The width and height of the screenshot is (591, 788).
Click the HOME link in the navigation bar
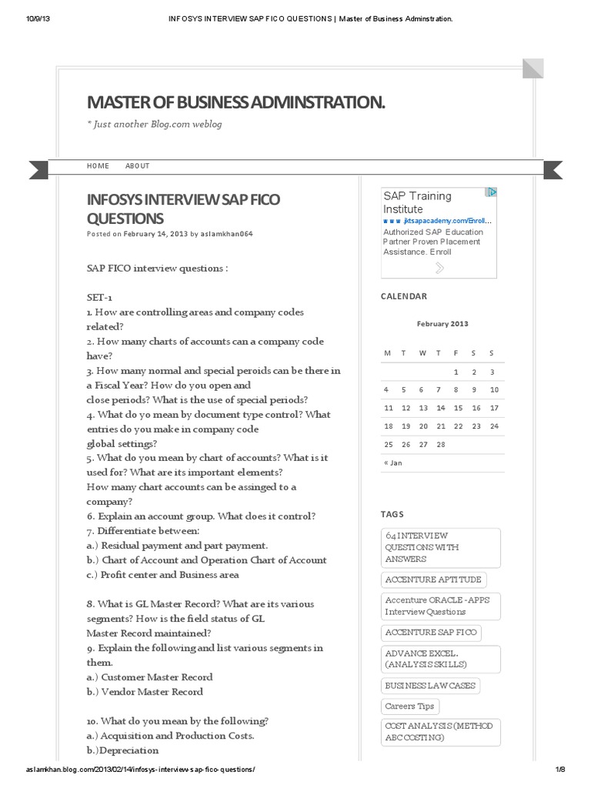coord(98,166)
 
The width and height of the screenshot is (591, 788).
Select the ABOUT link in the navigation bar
coord(138,166)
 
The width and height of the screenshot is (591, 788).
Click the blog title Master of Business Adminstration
coord(236,102)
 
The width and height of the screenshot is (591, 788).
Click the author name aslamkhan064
coord(228,234)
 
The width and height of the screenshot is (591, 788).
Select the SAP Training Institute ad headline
coord(417,202)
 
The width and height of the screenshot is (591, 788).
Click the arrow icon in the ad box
coord(439,268)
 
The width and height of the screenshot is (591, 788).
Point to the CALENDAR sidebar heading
coord(404,296)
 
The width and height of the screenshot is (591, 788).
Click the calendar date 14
coord(441,408)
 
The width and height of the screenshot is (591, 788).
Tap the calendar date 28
coord(441,445)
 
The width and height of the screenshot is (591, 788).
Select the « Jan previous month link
coord(392,463)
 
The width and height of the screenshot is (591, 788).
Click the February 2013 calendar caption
coord(442,324)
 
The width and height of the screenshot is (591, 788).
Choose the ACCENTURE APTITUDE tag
coord(433,579)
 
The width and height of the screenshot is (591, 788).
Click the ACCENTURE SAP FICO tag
coord(431,633)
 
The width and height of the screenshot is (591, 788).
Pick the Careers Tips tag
coord(409,706)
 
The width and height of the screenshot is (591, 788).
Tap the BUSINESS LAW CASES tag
coord(430,686)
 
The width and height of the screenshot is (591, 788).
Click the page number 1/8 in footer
coord(559,770)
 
